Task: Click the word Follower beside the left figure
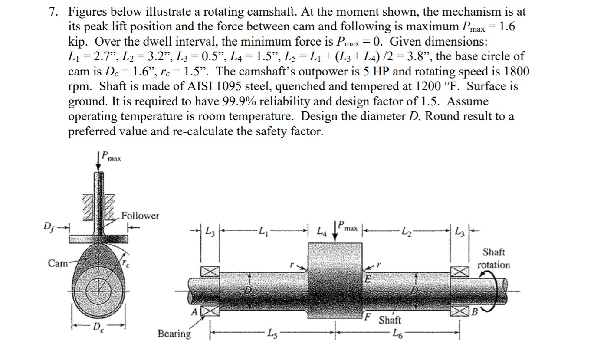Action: [x=140, y=216]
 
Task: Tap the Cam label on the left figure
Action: [x=57, y=263]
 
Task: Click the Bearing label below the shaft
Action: [x=174, y=334]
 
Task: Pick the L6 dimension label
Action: [x=397, y=333]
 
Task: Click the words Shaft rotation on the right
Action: [x=494, y=259]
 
